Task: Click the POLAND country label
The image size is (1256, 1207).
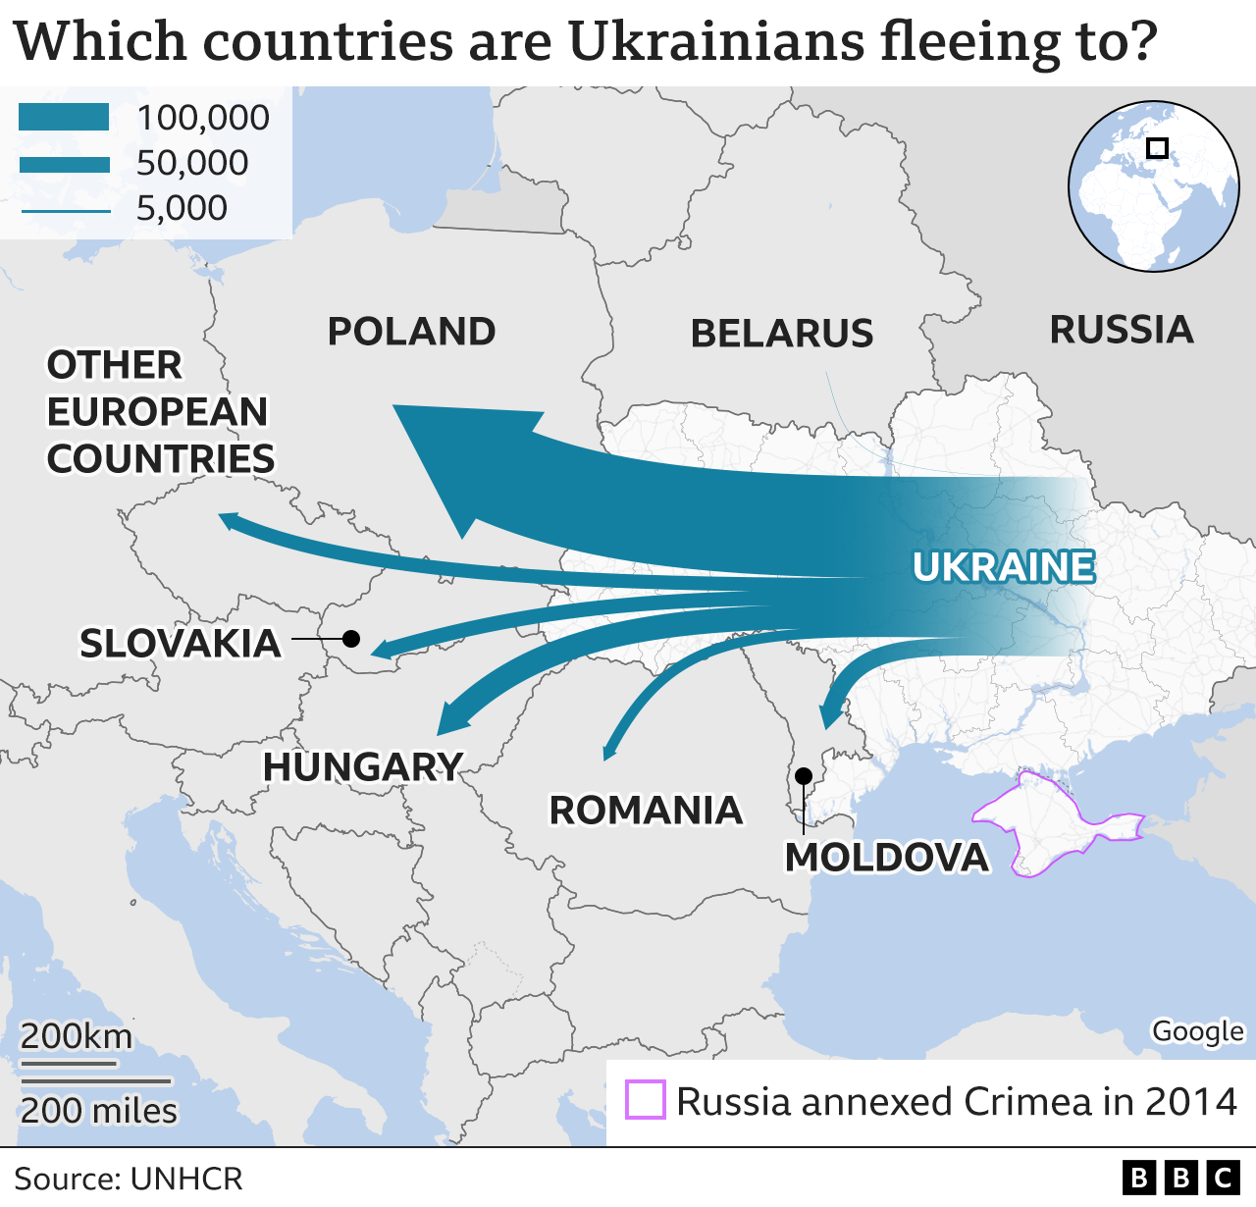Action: click(x=411, y=332)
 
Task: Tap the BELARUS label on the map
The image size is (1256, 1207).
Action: click(x=782, y=334)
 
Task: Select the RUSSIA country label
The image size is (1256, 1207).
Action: click(x=1122, y=330)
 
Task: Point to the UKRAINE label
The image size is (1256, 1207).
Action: click(x=1003, y=567)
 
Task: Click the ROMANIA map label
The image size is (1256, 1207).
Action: click(x=646, y=811)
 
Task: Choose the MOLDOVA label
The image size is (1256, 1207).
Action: click(x=887, y=858)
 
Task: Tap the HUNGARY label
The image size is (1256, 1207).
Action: click(x=363, y=767)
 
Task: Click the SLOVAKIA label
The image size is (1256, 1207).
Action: click(x=181, y=644)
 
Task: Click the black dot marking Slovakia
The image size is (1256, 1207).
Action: click(x=350, y=639)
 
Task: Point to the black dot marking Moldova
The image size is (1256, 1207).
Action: click(x=804, y=776)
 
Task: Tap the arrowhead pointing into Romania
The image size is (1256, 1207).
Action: click(x=609, y=752)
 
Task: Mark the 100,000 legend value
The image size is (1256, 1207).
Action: click(x=203, y=118)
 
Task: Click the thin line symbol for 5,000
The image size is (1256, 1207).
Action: click(x=65, y=209)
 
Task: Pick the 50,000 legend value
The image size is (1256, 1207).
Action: click(x=192, y=163)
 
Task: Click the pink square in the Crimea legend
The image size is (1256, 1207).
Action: click(x=646, y=1100)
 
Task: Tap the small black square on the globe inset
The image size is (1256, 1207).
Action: click(x=1158, y=148)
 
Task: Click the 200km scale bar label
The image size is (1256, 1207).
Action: click(x=77, y=1036)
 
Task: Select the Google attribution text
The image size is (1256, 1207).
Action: click(x=1197, y=1031)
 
